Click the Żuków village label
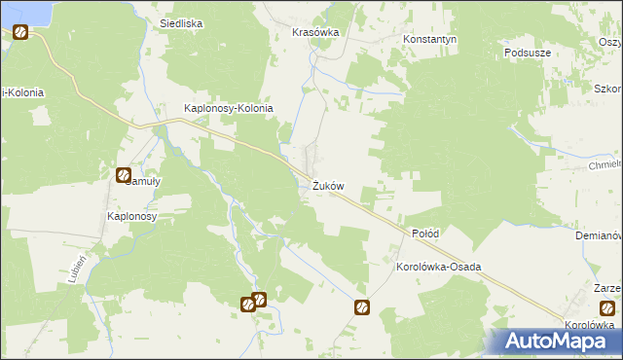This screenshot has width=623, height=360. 328,186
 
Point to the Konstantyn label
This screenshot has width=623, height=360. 430,40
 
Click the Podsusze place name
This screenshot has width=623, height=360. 530,52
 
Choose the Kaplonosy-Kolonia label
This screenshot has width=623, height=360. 229,108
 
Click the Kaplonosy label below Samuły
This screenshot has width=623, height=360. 131,216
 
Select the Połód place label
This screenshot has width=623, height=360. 425,234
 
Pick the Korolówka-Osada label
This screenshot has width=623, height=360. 439,266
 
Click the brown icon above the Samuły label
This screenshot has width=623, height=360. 124,176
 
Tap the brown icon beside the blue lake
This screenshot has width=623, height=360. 19,32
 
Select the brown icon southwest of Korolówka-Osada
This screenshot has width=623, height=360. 361,308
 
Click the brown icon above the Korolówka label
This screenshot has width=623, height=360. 607,308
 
